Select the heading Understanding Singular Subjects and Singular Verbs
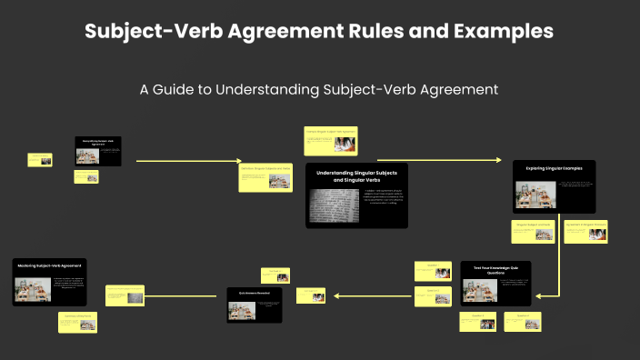pyautogui.click(x=356, y=176)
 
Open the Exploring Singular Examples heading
pyautogui.click(x=555, y=168)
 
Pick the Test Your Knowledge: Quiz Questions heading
pyautogui.click(x=495, y=268)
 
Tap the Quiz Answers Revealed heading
pyautogui.click(x=255, y=293)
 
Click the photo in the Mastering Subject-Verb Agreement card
pyautogui.click(x=33, y=290)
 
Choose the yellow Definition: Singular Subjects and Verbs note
pyautogui.click(x=265, y=177)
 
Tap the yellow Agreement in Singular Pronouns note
pyautogui.click(x=585, y=232)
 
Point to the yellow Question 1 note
pyautogui.click(x=432, y=271)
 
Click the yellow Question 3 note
pyautogui.click(x=476, y=320)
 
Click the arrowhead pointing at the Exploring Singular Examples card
pyautogui.click(x=498, y=161)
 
